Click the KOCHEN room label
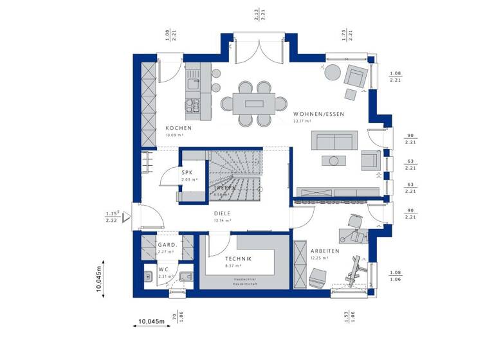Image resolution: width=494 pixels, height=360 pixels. pyautogui.click(x=178, y=128)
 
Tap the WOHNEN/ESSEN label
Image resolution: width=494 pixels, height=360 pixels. pyautogui.click(x=318, y=114)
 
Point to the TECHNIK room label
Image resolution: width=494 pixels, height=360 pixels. pyautogui.click(x=238, y=258)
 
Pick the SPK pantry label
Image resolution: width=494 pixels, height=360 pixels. pyautogui.click(x=187, y=172)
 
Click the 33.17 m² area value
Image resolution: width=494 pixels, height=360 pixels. pyautogui.click(x=302, y=121)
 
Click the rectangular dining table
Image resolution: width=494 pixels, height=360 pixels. pyautogui.click(x=248, y=103)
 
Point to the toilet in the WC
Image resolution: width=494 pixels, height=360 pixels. pyautogui.click(x=185, y=276)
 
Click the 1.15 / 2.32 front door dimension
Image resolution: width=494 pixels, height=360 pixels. pyautogui.click(x=111, y=217)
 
